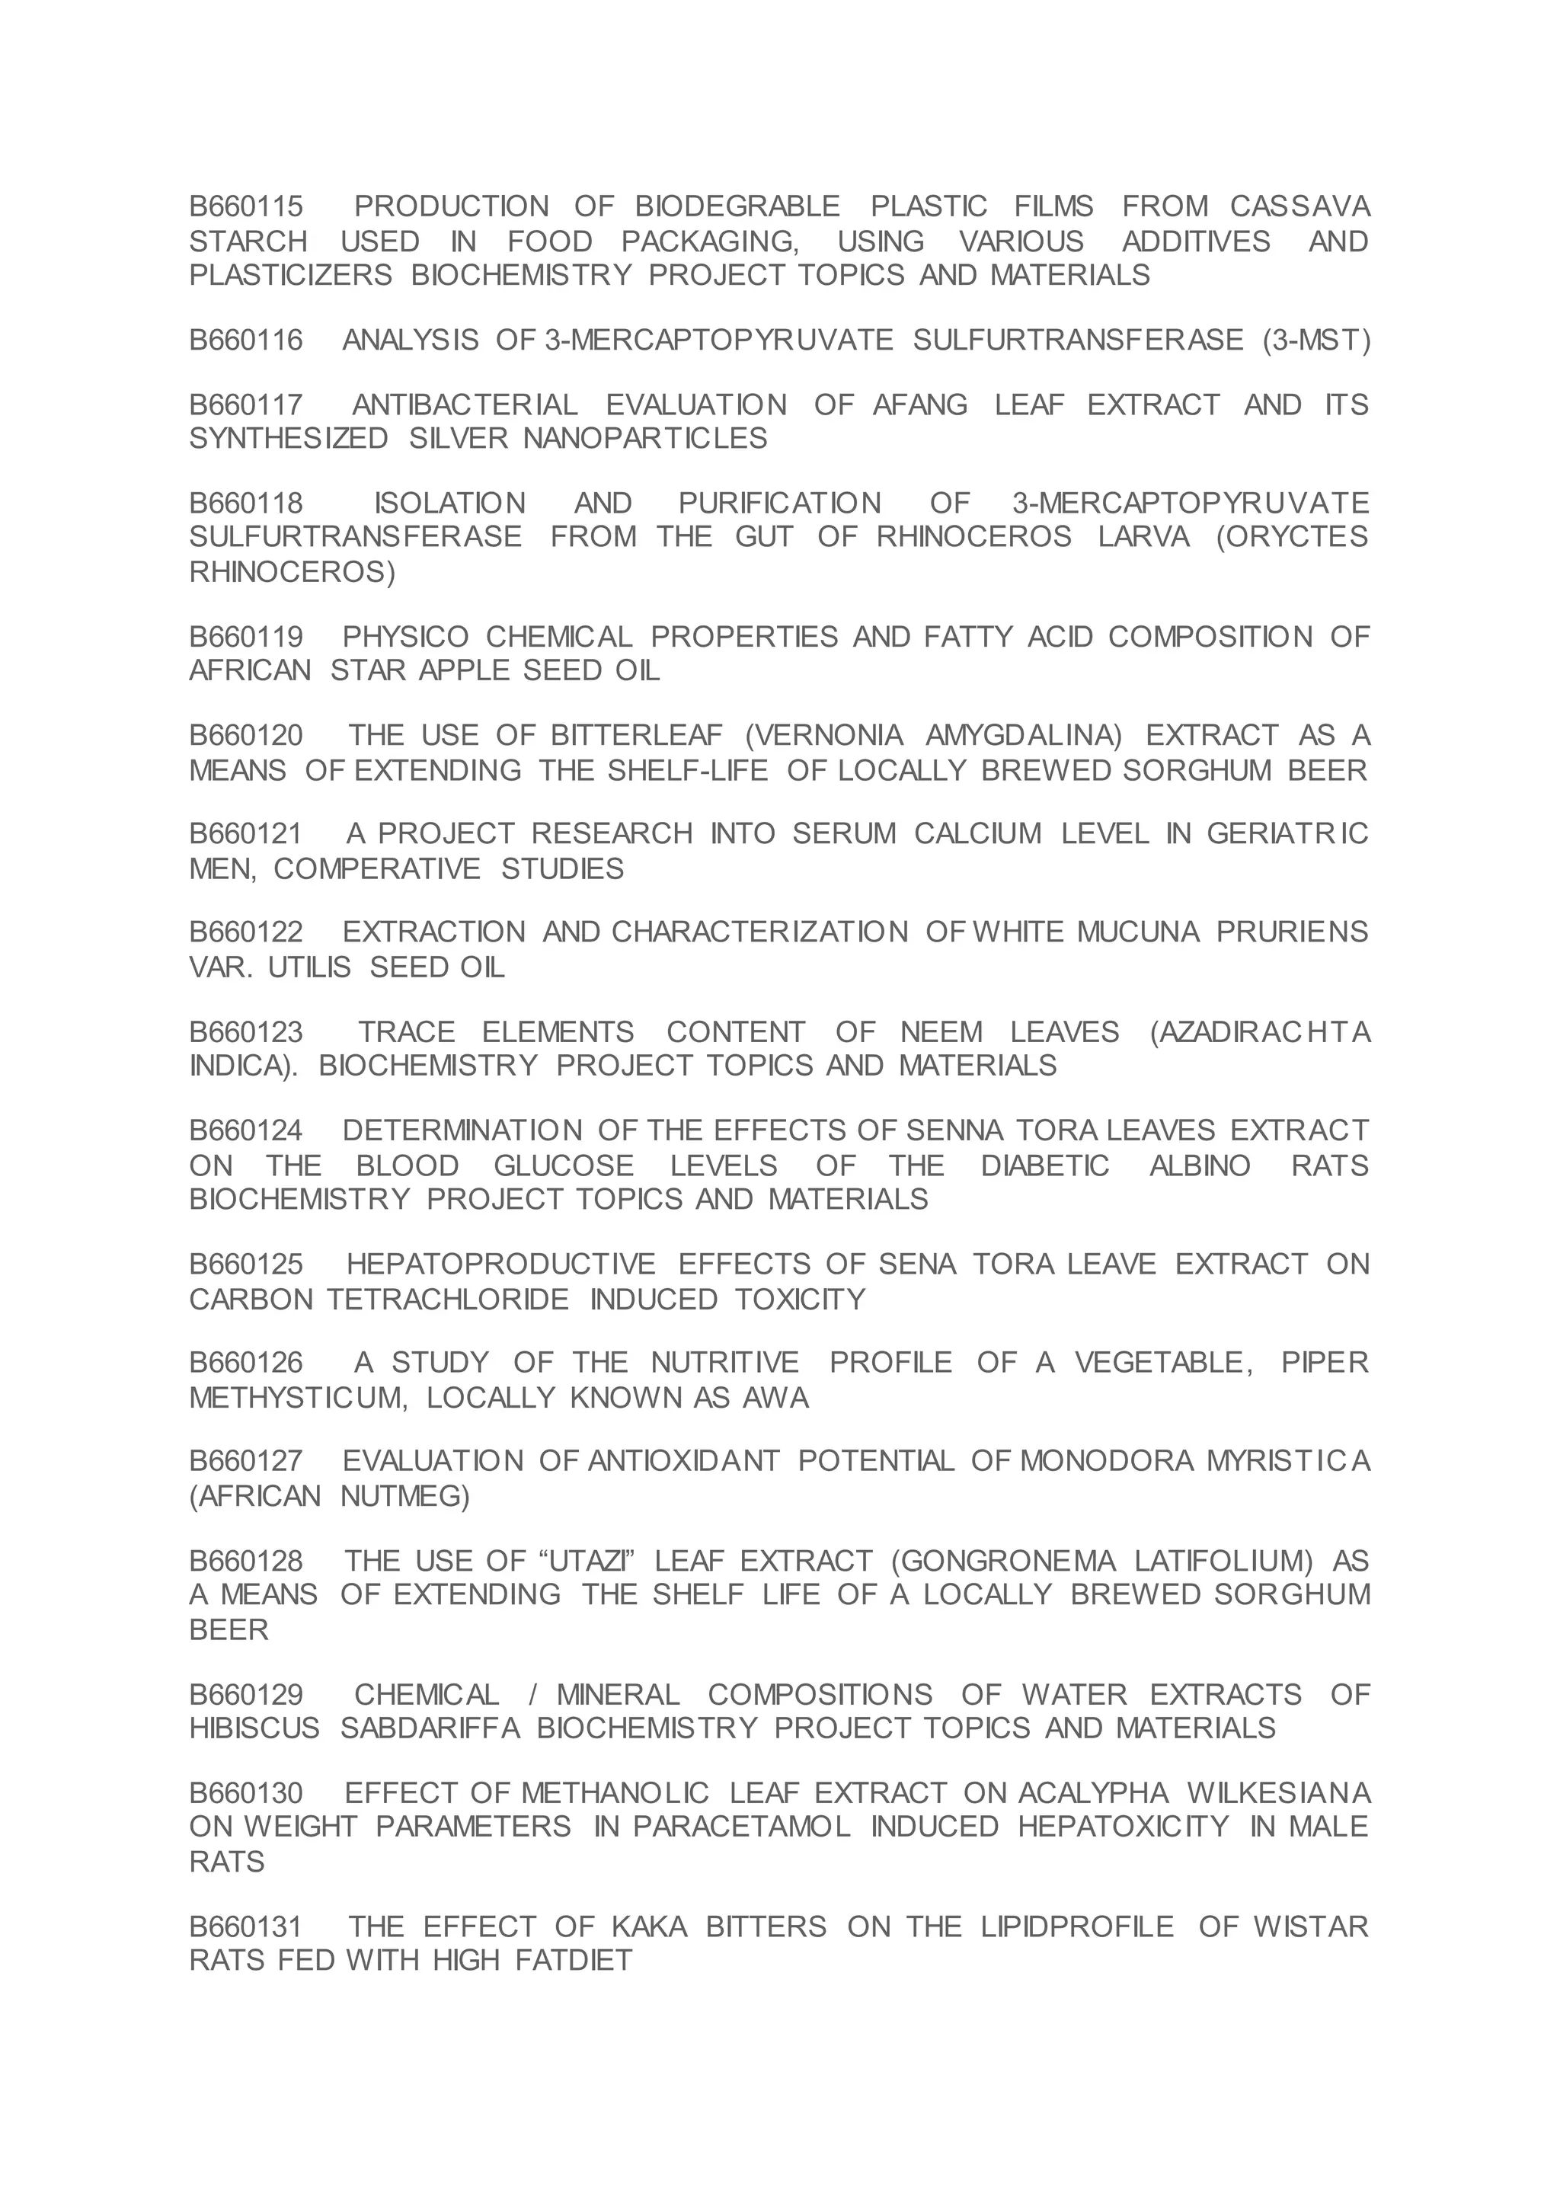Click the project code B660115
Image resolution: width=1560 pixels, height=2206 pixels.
click(x=246, y=206)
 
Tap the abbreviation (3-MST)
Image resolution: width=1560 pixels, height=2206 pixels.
click(x=1317, y=340)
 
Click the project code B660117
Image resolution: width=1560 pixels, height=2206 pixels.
click(x=246, y=404)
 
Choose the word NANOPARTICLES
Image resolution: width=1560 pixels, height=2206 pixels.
click(x=644, y=439)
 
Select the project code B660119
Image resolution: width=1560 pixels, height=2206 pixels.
click(x=246, y=637)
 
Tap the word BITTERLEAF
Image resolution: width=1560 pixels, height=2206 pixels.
click(x=636, y=736)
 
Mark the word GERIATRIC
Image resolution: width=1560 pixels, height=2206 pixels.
click(x=1287, y=834)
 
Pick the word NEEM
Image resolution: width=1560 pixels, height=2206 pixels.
click(x=941, y=1032)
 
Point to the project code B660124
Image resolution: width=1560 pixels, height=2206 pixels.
click(x=246, y=1131)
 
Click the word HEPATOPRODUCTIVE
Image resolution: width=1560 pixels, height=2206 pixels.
click(x=500, y=1264)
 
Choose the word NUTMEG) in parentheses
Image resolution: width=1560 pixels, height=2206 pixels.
click(x=404, y=1496)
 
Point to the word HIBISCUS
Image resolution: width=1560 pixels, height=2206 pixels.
click(x=254, y=1728)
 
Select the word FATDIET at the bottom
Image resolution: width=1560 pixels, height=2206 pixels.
click(x=574, y=1959)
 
